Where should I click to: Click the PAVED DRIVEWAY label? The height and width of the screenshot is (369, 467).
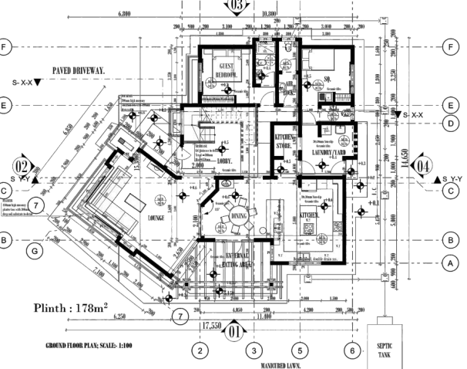(79, 71)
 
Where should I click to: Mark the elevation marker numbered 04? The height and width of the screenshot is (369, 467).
(423, 166)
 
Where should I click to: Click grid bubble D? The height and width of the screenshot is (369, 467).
(448, 123)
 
